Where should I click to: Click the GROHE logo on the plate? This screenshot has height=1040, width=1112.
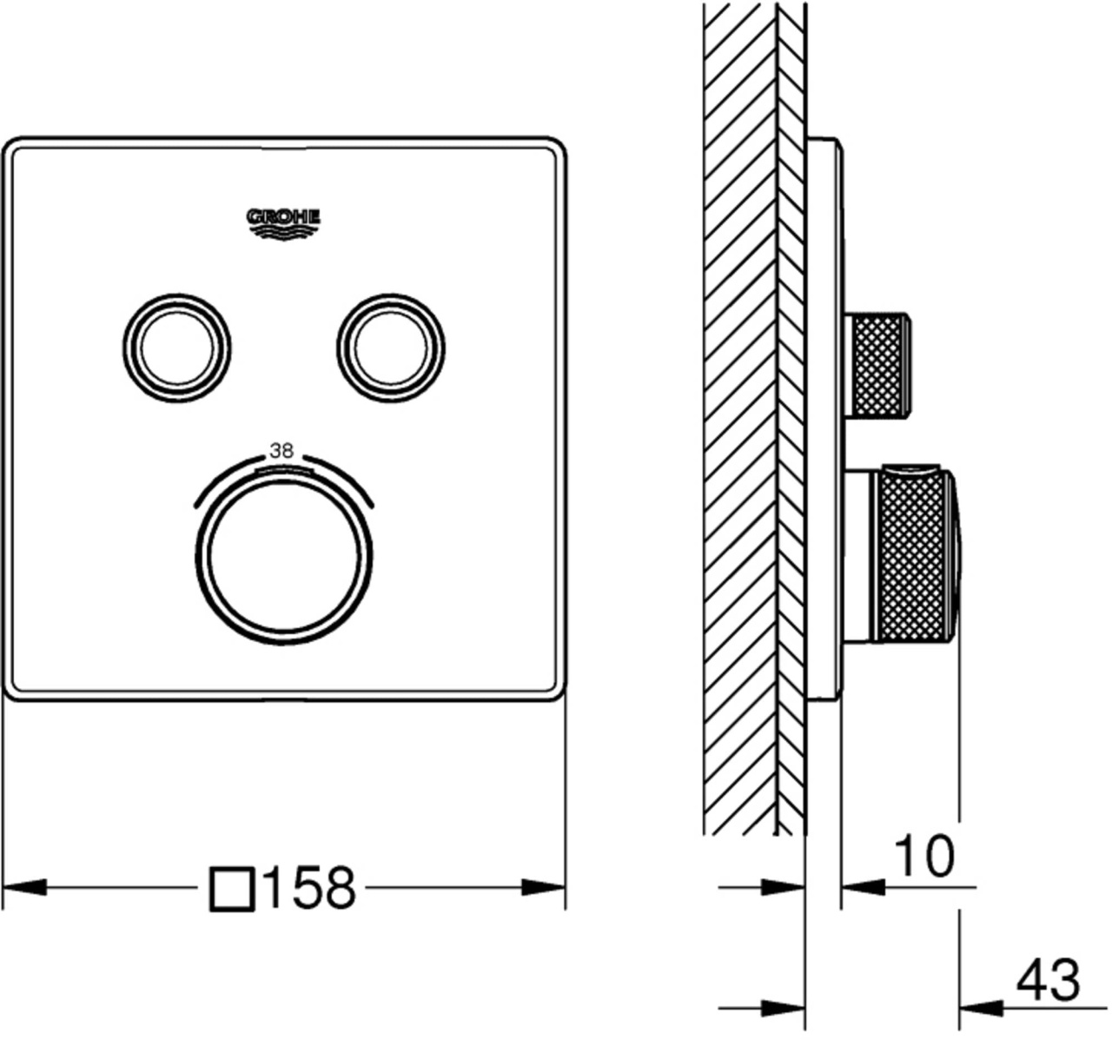tap(283, 224)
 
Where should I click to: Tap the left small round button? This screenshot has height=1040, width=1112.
tap(177, 348)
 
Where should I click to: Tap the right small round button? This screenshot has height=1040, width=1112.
tap(391, 348)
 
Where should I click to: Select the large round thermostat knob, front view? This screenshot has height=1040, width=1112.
tap(284, 557)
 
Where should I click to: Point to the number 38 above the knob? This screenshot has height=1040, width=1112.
tap(281, 450)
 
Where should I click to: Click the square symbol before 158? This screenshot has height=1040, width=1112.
tap(232, 890)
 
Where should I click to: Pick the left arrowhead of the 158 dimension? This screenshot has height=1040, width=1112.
tap(24, 887)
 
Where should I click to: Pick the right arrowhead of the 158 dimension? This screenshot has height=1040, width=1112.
tap(543, 887)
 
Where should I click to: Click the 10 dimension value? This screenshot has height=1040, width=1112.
tap(923, 857)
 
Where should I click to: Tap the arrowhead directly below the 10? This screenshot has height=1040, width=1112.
tap(863, 887)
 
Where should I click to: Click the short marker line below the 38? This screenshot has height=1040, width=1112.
tap(282, 472)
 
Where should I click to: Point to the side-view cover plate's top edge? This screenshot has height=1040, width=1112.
tap(823, 138)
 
